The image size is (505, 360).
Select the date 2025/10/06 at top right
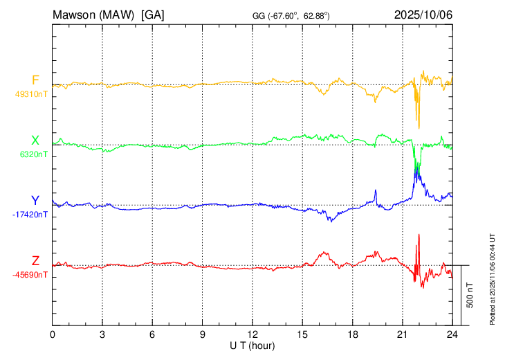point(423,14)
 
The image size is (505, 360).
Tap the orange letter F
point(35,79)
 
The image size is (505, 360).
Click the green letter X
point(35,141)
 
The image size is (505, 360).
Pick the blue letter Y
point(35,201)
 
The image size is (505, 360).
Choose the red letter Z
point(35,260)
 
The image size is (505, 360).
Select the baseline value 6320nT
point(34,155)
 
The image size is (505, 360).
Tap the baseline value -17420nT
point(30,215)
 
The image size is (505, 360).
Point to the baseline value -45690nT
point(30,275)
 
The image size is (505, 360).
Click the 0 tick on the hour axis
point(53,334)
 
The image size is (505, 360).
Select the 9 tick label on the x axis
point(203,334)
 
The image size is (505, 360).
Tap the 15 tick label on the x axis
point(302,334)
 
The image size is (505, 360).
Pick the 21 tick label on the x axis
point(402,334)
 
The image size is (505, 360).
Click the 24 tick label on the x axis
point(452,334)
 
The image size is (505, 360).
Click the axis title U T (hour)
point(252,345)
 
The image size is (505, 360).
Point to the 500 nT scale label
point(470,295)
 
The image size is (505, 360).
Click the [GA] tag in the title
point(152,14)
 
